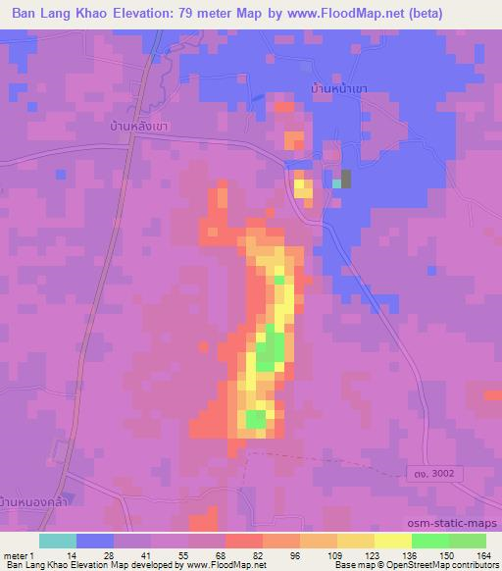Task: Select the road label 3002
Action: coord(436,474)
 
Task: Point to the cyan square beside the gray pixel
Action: coord(336,183)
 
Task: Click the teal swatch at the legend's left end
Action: coord(59,541)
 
